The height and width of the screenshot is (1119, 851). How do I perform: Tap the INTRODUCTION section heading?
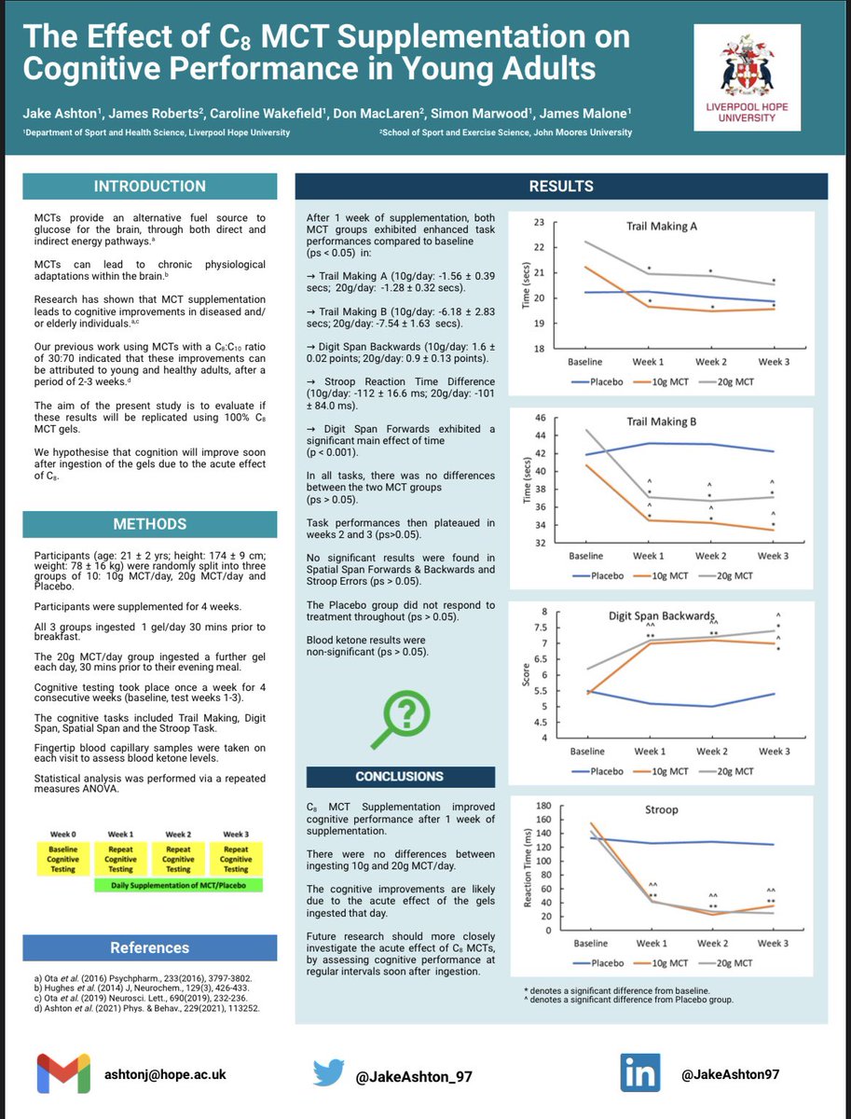coord(149,186)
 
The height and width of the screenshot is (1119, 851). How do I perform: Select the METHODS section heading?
coord(149,524)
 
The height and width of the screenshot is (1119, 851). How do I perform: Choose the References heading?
coord(149,948)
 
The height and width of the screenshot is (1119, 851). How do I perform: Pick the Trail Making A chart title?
coord(663,227)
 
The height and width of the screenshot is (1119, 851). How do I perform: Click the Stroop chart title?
coord(663,810)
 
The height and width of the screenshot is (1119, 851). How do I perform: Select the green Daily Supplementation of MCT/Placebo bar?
coord(178,883)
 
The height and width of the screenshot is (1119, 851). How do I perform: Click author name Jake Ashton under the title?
coord(60,114)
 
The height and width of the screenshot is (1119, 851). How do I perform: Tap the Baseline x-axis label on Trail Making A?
coord(584,361)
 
